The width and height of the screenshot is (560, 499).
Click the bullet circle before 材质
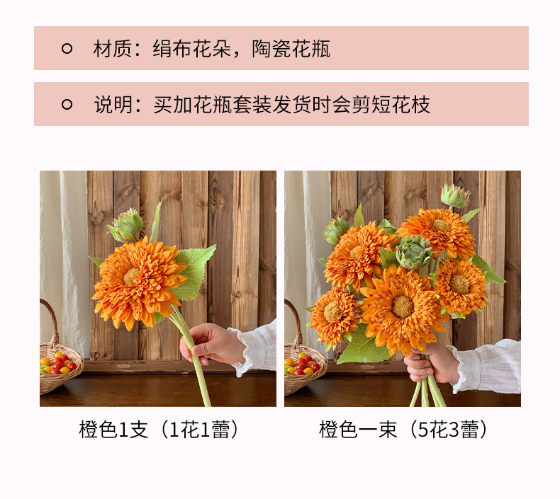[67, 49]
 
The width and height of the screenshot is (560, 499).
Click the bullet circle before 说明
[67, 105]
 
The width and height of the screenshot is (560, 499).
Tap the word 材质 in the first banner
[108, 49]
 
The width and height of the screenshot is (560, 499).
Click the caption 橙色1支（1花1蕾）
[158, 430]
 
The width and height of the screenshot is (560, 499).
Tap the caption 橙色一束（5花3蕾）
[403, 430]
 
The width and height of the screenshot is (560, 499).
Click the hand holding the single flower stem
[210, 344]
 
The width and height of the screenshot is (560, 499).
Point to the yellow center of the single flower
[133, 277]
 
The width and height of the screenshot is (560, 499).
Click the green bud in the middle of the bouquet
[414, 251]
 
